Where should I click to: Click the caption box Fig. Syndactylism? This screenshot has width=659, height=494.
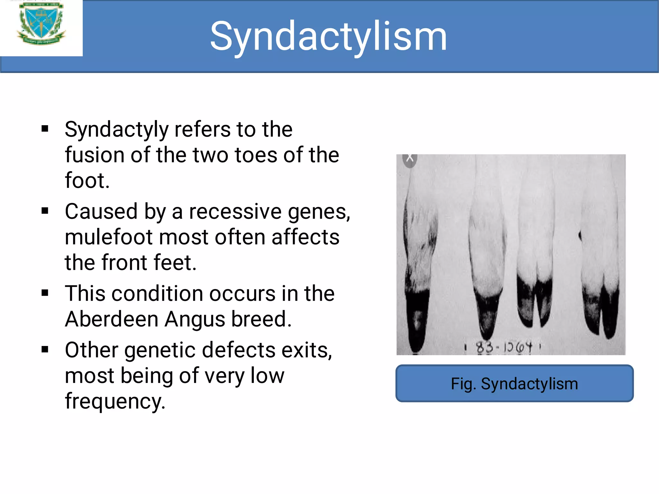tap(514, 383)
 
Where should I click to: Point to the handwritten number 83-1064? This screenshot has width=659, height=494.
tap(504, 347)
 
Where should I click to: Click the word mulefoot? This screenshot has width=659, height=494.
tap(109, 237)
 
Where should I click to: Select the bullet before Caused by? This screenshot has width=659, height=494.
tap(45, 211)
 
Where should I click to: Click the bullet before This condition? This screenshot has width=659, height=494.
tap(45, 293)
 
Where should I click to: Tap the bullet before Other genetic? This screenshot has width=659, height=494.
tap(45, 350)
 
